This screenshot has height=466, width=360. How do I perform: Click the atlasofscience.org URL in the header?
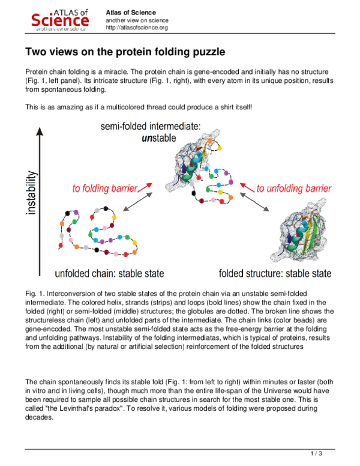137,28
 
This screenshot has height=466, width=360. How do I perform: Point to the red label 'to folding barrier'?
105,188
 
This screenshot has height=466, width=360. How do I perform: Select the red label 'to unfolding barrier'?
293,188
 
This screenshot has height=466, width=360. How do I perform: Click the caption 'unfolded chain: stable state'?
109,274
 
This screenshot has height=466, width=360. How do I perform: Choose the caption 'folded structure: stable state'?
275,274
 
